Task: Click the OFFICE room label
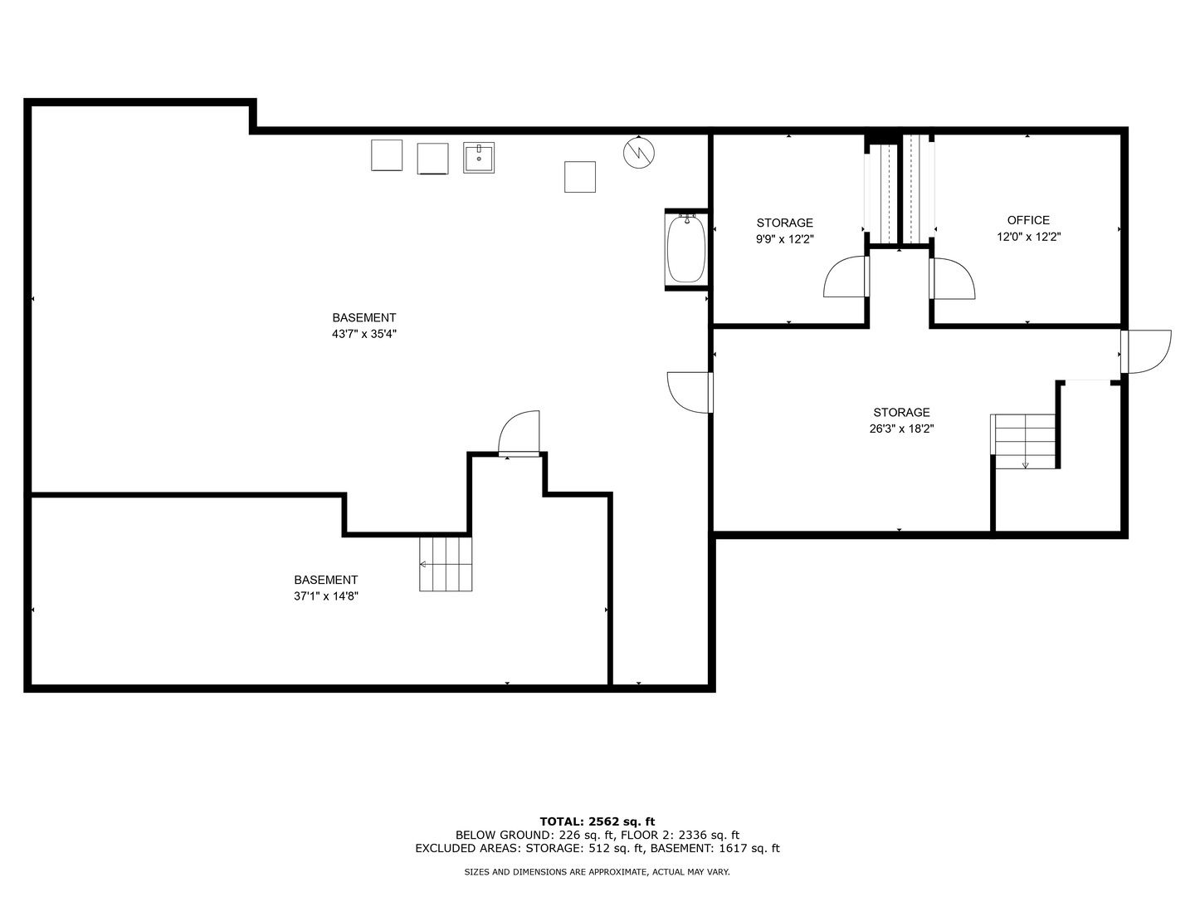pyautogui.click(x=1028, y=220)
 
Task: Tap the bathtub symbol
pyautogui.click(x=686, y=249)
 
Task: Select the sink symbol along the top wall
pyautogui.click(x=479, y=158)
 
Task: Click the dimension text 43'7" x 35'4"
pyautogui.click(x=364, y=334)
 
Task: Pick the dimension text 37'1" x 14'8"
pyautogui.click(x=326, y=596)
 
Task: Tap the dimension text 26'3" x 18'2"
pyautogui.click(x=901, y=429)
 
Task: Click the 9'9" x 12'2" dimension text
pyautogui.click(x=784, y=239)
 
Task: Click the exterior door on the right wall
pyautogui.click(x=1145, y=351)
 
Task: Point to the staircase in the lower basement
pyautogui.click(x=446, y=564)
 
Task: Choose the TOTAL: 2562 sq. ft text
pyautogui.click(x=597, y=822)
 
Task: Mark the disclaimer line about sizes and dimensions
pyautogui.click(x=597, y=872)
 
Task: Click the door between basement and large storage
pyautogui.click(x=690, y=392)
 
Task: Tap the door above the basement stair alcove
pyautogui.click(x=519, y=432)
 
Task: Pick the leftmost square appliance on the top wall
pyautogui.click(x=387, y=155)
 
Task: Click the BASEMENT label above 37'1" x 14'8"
pyautogui.click(x=326, y=580)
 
